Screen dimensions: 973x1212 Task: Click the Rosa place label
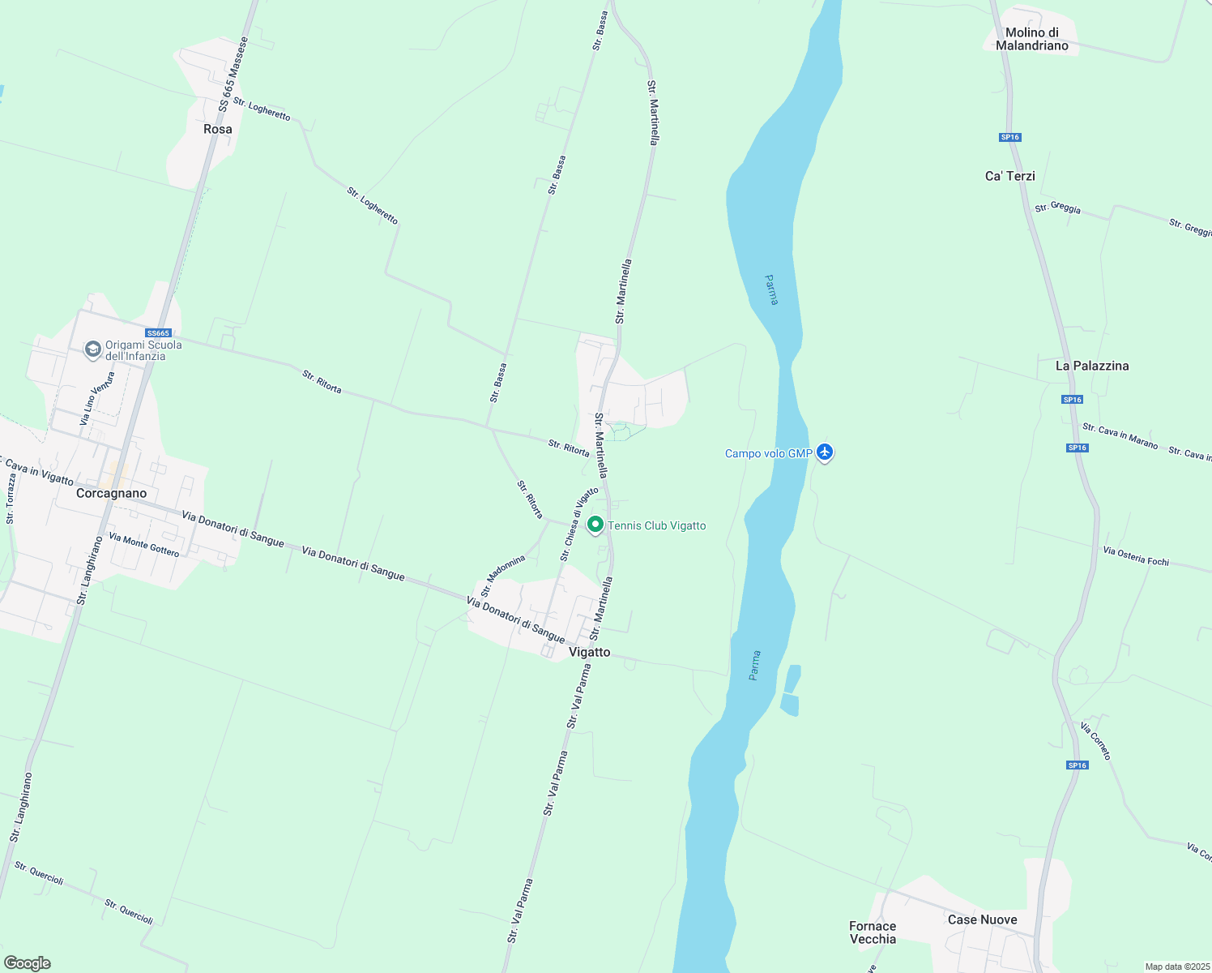(218, 130)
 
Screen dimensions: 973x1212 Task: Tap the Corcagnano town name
(111, 493)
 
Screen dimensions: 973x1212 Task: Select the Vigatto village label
(589, 652)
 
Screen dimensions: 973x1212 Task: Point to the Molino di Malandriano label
(1031, 40)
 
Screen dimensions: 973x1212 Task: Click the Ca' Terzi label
(1009, 176)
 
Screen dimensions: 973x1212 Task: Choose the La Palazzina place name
(1091, 366)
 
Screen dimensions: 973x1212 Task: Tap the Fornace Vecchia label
(873, 932)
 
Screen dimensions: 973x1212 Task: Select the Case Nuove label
(982, 919)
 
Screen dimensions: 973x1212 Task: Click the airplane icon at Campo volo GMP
(825, 452)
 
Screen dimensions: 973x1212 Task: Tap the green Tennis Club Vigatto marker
(595, 525)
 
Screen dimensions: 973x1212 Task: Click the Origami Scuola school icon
(93, 349)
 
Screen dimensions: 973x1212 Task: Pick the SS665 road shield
(158, 333)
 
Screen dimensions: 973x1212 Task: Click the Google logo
(28, 963)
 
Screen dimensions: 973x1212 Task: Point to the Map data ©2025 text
(1177, 967)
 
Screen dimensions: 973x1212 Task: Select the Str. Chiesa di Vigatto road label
(579, 524)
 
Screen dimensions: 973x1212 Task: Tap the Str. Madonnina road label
(503, 576)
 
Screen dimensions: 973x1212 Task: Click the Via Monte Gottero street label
(144, 544)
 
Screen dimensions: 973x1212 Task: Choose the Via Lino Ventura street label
(98, 398)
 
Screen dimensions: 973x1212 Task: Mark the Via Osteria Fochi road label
(1136, 556)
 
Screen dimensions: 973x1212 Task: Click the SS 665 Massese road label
(233, 74)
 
